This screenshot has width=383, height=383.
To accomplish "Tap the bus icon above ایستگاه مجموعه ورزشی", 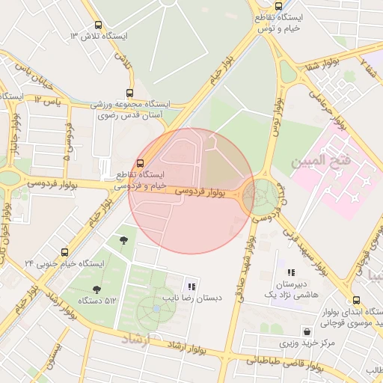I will pyautogui.click(x=131, y=93).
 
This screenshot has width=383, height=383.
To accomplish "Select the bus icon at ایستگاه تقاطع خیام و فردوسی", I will pyautogui.click(x=141, y=163).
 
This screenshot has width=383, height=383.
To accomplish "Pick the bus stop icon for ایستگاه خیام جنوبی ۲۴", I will pyautogui.click(x=64, y=252).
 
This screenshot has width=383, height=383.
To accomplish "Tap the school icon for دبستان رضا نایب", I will pyautogui.click(x=191, y=286).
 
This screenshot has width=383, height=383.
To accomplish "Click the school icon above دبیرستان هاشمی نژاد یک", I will pyautogui.click(x=291, y=274).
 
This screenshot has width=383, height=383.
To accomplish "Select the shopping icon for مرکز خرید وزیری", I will pyautogui.click(x=307, y=331).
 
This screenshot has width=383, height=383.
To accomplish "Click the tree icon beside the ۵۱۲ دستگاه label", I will pyautogui.click(x=96, y=289).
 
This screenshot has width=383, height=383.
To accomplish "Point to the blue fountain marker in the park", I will pyautogui.click(x=156, y=307).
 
